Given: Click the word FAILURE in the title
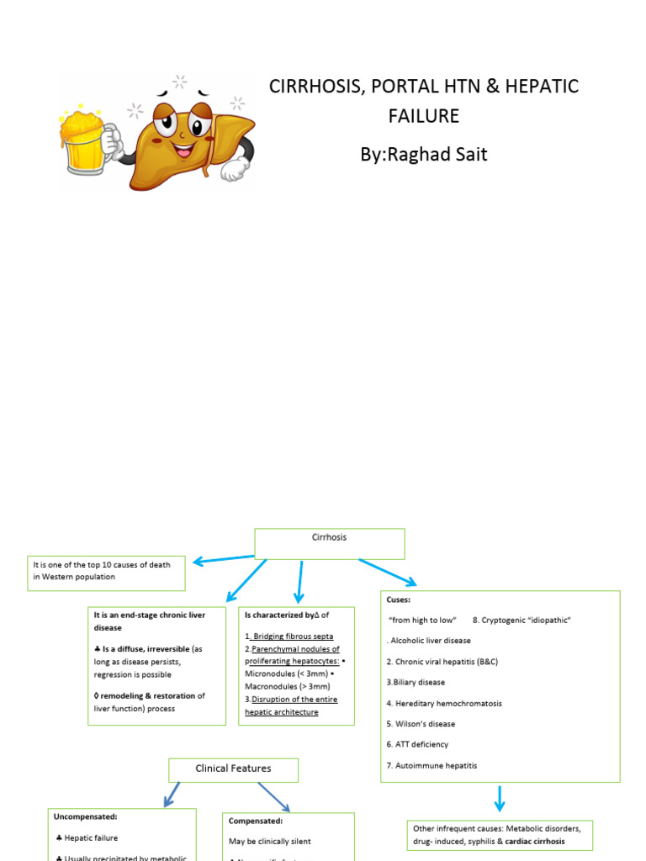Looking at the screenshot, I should pos(423,116).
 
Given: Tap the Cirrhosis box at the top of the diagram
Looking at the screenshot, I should pos(329,543).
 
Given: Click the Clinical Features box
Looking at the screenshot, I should pos(233,769).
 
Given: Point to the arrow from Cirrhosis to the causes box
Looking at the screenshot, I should pos(387,572).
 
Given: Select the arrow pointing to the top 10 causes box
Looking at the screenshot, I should pos(222,558).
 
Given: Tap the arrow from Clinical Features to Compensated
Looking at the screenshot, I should pos(273,797).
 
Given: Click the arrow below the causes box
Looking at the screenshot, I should pos(500,799).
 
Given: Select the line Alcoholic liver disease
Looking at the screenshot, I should pos(430,641).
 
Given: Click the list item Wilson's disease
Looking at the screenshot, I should pos(421,724).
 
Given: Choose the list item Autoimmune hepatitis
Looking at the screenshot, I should pos(432,766).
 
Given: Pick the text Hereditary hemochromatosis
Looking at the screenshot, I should pos(444,703).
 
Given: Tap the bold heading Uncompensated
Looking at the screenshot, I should pos(85,816).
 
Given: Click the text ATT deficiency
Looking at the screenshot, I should pos(417,745).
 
